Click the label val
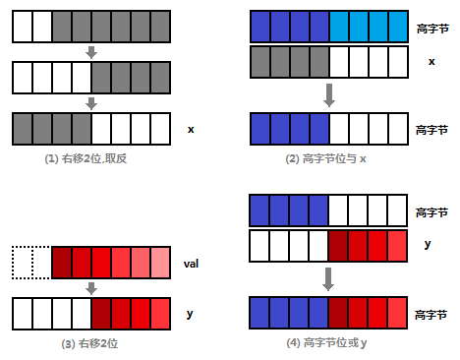[192, 265]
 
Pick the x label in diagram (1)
[190, 129]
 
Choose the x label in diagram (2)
[431, 61]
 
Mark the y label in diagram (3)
[189, 314]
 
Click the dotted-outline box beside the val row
[31, 264]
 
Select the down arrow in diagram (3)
[91, 289]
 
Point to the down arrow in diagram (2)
[329, 94]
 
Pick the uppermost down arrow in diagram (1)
[91, 51]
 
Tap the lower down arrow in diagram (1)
[91, 102]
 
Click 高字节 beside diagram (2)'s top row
[432, 28]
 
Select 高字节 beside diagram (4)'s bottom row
[432, 313]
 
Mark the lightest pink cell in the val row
[159, 264]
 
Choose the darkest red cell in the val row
[61, 264]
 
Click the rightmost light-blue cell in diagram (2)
[397, 26]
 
